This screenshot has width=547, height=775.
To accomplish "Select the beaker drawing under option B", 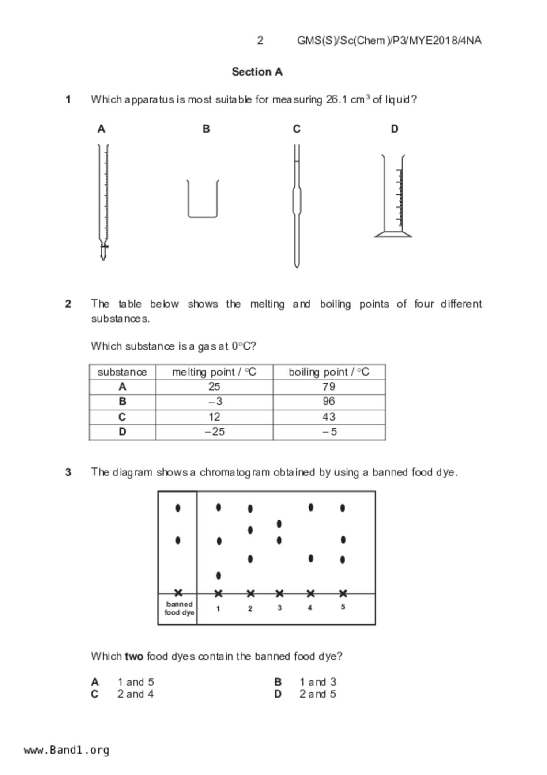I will (203, 199).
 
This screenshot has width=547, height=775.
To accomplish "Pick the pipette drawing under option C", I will (297, 205).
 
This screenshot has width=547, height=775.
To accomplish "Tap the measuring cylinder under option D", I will (393, 197).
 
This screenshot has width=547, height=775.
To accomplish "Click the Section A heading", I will (257, 72).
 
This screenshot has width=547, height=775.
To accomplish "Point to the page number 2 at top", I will (260, 41).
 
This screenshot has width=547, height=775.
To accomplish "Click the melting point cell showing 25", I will (214, 387).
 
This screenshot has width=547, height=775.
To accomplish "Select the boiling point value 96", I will (329, 401).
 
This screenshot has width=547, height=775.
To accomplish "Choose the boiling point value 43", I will (329, 417).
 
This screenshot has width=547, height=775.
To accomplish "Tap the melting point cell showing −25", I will (215, 432).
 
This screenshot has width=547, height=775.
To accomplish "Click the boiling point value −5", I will (329, 432).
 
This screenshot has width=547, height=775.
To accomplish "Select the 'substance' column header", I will (122, 372).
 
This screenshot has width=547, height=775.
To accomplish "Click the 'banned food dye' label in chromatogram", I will (179, 608).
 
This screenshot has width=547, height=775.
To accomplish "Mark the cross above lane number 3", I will (279, 593).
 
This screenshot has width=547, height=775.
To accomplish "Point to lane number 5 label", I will (343, 607).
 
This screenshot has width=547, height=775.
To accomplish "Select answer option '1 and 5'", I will (136, 682).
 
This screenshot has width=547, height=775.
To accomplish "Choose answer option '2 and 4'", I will (136, 694).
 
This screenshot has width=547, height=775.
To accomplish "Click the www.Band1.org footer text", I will (67, 750).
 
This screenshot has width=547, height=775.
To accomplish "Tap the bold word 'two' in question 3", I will (134, 656).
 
